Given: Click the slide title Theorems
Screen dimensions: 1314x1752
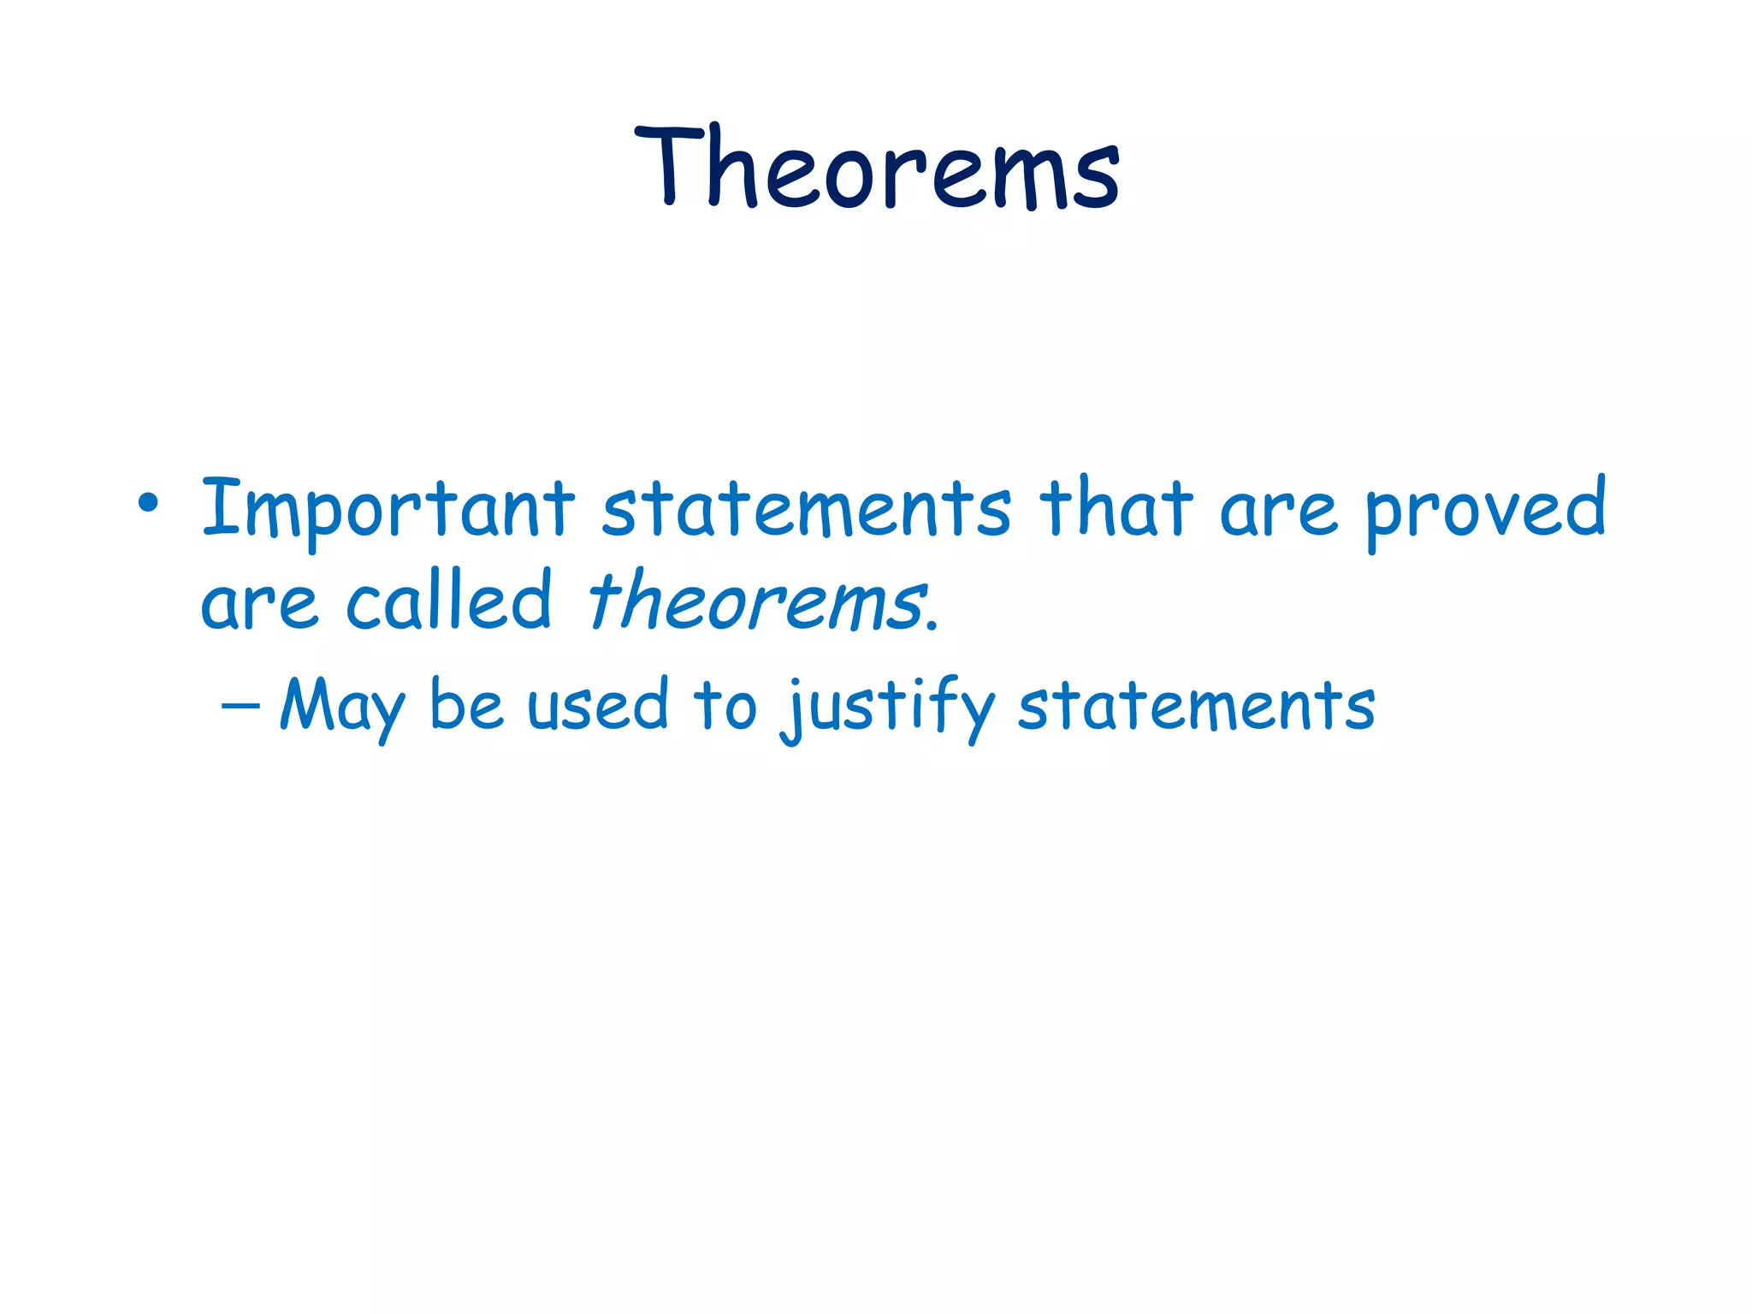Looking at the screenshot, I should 877,167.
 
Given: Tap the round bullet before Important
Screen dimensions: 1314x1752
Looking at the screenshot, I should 148,503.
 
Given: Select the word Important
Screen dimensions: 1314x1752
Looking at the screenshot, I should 388,509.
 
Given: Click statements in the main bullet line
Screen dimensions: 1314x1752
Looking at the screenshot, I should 805,509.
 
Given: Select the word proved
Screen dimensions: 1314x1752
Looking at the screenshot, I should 1485,512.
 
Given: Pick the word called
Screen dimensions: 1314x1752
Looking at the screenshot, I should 448,601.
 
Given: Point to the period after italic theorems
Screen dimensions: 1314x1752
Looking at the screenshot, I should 933,627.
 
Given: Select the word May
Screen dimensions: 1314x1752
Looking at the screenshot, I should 341,708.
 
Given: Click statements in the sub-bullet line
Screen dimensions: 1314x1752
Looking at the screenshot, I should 1195,707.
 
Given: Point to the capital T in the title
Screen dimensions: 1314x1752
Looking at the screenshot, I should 670,164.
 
